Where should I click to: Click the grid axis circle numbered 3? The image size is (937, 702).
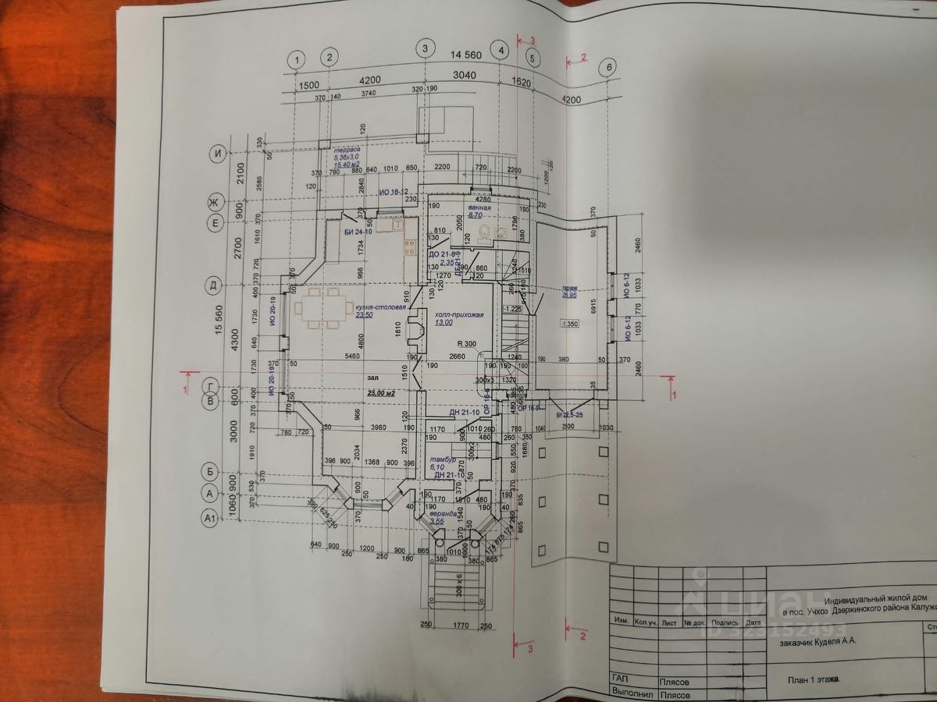(x=425, y=49)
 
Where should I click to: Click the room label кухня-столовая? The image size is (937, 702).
(x=381, y=307)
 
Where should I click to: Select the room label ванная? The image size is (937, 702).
(x=479, y=208)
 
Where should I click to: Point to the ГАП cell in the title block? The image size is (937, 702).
(x=622, y=679)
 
